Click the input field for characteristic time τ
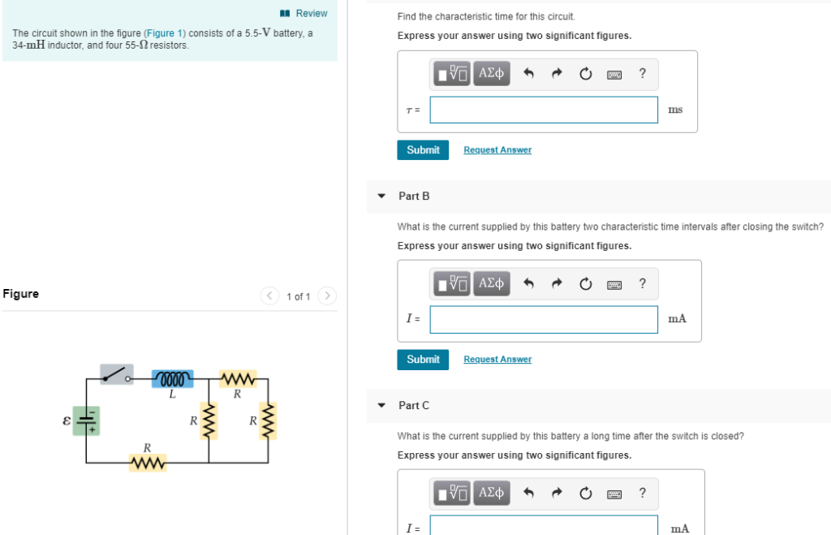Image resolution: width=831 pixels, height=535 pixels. [x=543, y=110]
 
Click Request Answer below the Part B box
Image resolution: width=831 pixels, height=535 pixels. [x=497, y=359]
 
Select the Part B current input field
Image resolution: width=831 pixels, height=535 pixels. [x=543, y=319]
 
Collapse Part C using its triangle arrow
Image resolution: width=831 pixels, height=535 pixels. [x=381, y=405]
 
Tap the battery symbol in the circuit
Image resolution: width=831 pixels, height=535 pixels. [x=87, y=421]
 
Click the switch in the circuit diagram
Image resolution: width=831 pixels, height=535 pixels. [x=118, y=373]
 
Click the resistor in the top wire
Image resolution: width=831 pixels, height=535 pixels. [x=238, y=379]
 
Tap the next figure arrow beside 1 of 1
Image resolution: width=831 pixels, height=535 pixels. [x=326, y=296]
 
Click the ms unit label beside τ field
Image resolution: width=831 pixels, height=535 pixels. [x=675, y=110]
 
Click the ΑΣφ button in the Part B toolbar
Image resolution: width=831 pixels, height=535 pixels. [x=492, y=283]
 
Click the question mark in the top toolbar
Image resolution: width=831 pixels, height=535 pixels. [x=642, y=74]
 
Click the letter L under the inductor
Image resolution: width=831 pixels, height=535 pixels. [x=172, y=395]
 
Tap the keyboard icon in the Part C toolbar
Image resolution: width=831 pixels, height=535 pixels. [x=614, y=493]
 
